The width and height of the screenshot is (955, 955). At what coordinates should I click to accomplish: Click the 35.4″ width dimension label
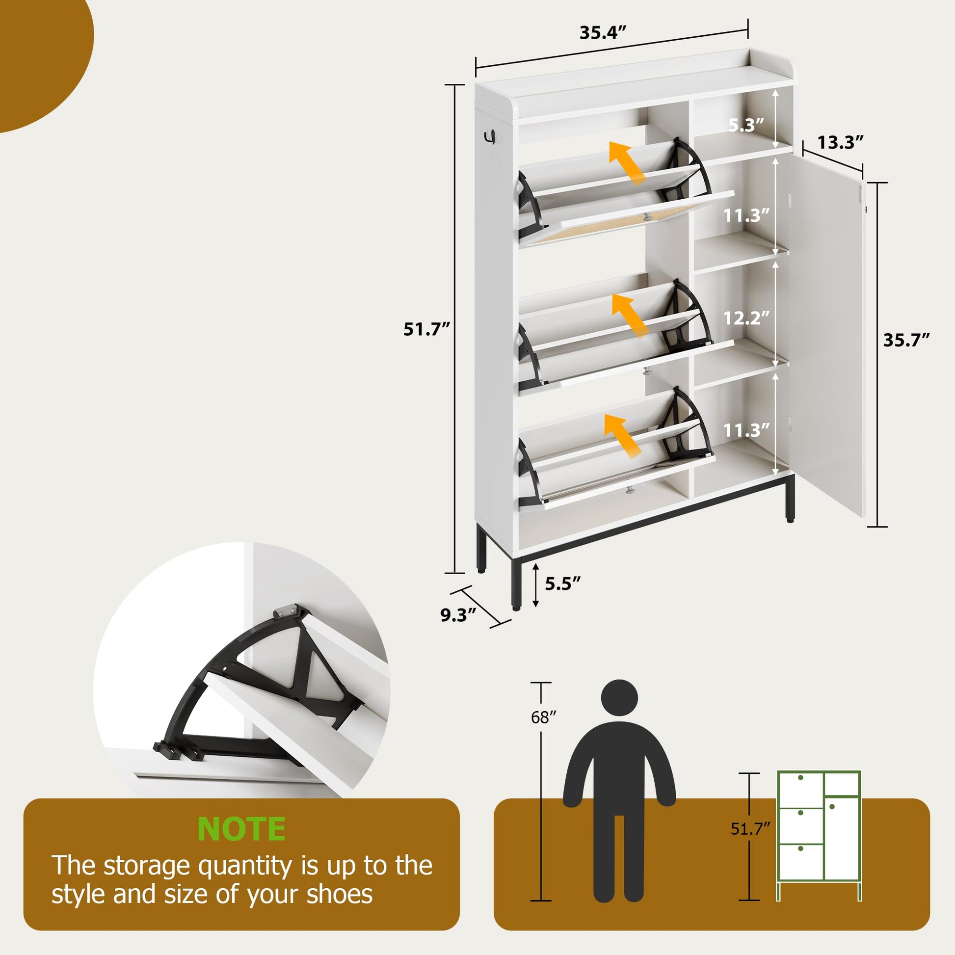(603, 32)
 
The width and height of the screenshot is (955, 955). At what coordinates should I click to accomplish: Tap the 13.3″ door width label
(840, 142)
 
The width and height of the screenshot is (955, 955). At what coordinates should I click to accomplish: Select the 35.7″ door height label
(906, 340)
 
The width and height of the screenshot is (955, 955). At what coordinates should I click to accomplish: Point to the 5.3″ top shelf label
(746, 125)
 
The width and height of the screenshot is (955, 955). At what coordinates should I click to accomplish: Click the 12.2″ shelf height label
(746, 318)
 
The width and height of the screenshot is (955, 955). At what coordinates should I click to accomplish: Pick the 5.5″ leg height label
(562, 584)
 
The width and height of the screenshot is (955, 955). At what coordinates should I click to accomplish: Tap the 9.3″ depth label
(458, 615)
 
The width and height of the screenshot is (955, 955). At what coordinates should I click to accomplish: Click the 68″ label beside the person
(543, 717)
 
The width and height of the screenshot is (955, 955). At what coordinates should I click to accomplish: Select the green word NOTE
(241, 829)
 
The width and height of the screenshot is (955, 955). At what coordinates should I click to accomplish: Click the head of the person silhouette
(619, 697)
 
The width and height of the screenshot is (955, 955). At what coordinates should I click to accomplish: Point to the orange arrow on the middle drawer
(629, 315)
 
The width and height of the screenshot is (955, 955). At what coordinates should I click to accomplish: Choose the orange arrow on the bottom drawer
(623, 435)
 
